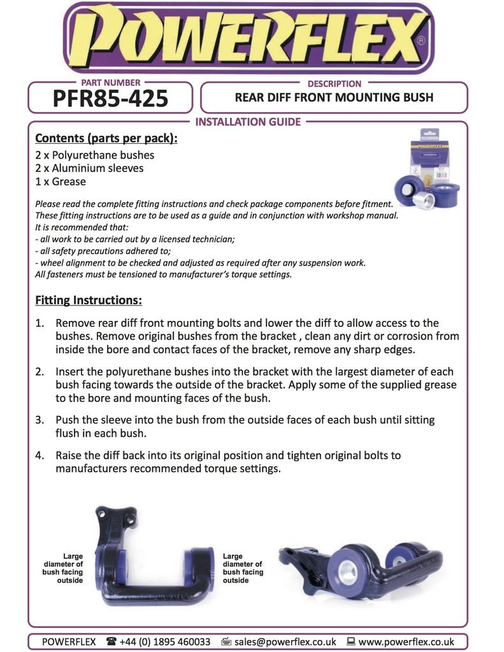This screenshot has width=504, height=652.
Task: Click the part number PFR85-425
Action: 110,99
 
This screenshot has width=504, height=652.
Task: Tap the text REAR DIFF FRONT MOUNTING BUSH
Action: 334,97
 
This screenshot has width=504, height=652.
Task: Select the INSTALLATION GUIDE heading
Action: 248,122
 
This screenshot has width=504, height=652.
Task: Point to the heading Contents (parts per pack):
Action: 106,138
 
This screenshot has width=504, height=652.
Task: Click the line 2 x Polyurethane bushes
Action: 94,155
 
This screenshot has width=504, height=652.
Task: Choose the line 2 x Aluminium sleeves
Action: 89,168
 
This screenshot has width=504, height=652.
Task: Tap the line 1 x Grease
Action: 61,181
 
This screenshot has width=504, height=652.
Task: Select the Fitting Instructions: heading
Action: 89,300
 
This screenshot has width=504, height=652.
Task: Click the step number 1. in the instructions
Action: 40,323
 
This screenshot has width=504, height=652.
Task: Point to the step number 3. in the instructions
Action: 40,420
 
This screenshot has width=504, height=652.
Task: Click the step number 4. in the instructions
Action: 40,456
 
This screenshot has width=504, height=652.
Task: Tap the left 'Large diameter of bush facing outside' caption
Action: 63,568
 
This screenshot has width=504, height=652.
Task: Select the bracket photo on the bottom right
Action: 360,568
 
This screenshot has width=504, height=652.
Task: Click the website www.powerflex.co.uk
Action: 406,642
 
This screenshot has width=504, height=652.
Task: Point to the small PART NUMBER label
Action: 110,83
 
